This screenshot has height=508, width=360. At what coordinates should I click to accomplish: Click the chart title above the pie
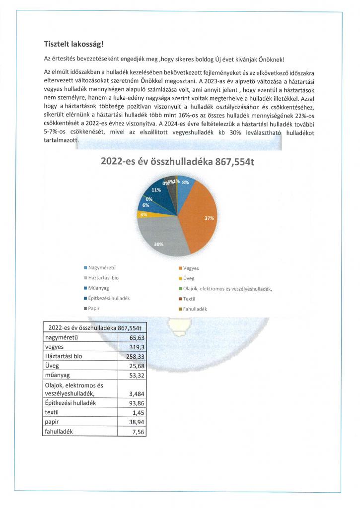[x=177, y=161]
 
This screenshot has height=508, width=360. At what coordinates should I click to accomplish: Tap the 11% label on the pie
[x=156, y=190]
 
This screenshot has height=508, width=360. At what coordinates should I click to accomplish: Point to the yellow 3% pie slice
[x=144, y=215]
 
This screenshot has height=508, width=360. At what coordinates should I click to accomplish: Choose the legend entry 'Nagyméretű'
[x=101, y=268]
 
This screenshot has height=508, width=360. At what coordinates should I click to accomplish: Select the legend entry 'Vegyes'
[x=191, y=268]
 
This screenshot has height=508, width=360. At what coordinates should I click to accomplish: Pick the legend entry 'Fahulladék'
[x=195, y=309]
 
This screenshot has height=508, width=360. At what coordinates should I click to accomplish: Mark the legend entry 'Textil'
[x=189, y=299]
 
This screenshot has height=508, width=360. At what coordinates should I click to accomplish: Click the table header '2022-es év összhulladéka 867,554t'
[x=94, y=328]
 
